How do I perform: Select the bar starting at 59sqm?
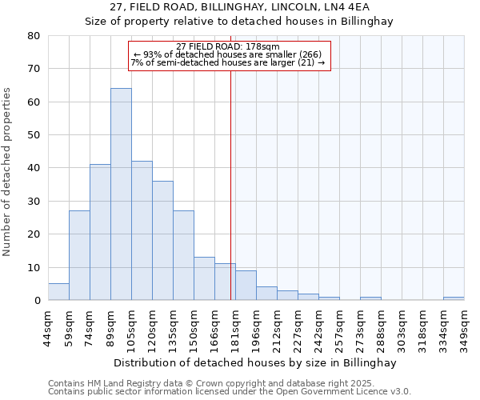(x=79, y=255)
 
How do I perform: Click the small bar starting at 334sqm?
(x=454, y=298)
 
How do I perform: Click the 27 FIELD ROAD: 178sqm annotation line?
(x=228, y=46)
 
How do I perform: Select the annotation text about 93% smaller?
(x=228, y=54)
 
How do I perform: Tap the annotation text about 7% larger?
(x=228, y=62)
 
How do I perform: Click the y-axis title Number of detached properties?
(x=8, y=173)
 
